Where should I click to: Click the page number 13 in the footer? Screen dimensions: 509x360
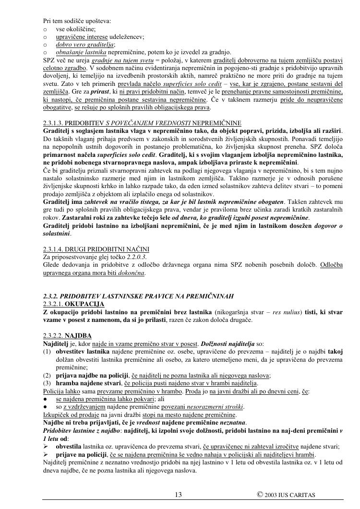(179, 495)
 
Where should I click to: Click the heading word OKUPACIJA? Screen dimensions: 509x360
(84, 304)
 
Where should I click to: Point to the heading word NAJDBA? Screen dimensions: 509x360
(78, 336)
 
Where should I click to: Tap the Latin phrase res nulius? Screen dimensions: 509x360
(258, 312)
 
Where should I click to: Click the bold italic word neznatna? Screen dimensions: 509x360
(231, 423)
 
